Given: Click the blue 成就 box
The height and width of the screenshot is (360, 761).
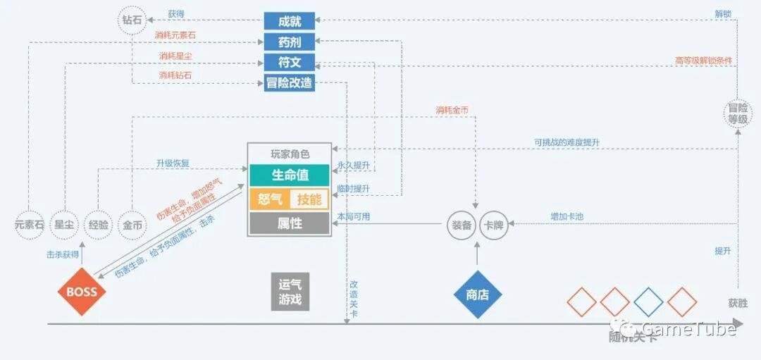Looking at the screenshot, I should coord(289,21).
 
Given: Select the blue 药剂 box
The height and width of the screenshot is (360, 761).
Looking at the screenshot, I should coord(289,42).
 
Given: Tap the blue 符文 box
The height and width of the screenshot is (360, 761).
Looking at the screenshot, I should coord(289,62).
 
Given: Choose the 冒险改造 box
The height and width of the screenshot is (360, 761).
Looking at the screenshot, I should coord(289,82).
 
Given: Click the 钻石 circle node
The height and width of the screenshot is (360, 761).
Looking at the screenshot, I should coord(132,20).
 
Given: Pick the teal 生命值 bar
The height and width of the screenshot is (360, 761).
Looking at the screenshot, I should coord(290,175).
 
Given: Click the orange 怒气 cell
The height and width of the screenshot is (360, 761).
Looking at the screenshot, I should coord(270,199).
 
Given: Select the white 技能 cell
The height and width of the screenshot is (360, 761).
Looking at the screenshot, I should coord(309,199).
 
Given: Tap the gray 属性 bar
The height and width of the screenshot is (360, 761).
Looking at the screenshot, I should coord(290,223).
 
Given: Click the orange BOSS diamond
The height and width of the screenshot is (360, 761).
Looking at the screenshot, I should coord(82,292).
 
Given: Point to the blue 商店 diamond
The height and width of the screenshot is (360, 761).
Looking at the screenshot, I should coord(478,294).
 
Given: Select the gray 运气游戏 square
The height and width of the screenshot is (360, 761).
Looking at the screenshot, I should coord(290,292).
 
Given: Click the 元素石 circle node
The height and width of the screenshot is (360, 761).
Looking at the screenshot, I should coord(30,225).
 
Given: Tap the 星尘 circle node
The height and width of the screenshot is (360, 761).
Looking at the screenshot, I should coord(65,225).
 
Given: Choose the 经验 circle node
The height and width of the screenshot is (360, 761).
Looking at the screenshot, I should coord(99,225).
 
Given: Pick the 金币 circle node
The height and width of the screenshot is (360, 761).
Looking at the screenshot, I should coord(132,225).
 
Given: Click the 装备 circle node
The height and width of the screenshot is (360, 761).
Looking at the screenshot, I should coord(462,225).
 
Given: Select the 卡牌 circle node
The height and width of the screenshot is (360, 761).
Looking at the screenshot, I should coord(493,225).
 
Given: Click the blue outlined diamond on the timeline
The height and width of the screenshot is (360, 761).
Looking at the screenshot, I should coord(648,302).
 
